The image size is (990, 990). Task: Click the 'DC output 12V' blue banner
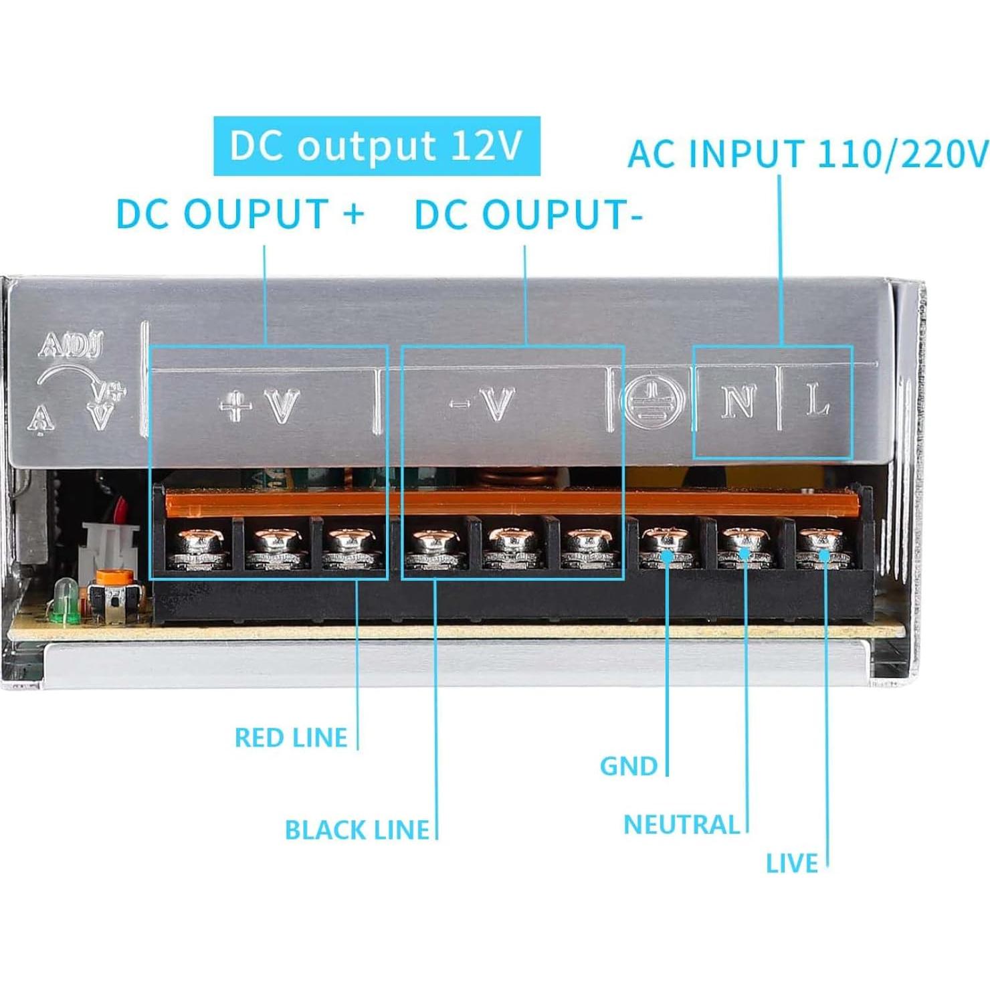(377, 146)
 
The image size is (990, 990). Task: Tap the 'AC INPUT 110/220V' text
(807, 155)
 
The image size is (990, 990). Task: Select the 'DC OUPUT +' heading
(240, 214)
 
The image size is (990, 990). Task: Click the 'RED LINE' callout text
(291, 738)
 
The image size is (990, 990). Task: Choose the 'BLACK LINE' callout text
(357, 830)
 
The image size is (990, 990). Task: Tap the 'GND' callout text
(629, 766)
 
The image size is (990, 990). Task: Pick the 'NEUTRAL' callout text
(682, 825)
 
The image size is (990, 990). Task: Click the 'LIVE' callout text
(792, 864)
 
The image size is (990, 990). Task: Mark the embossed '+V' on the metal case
(260, 405)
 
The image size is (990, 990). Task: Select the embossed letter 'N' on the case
(738, 402)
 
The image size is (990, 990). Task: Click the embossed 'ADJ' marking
(71, 345)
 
